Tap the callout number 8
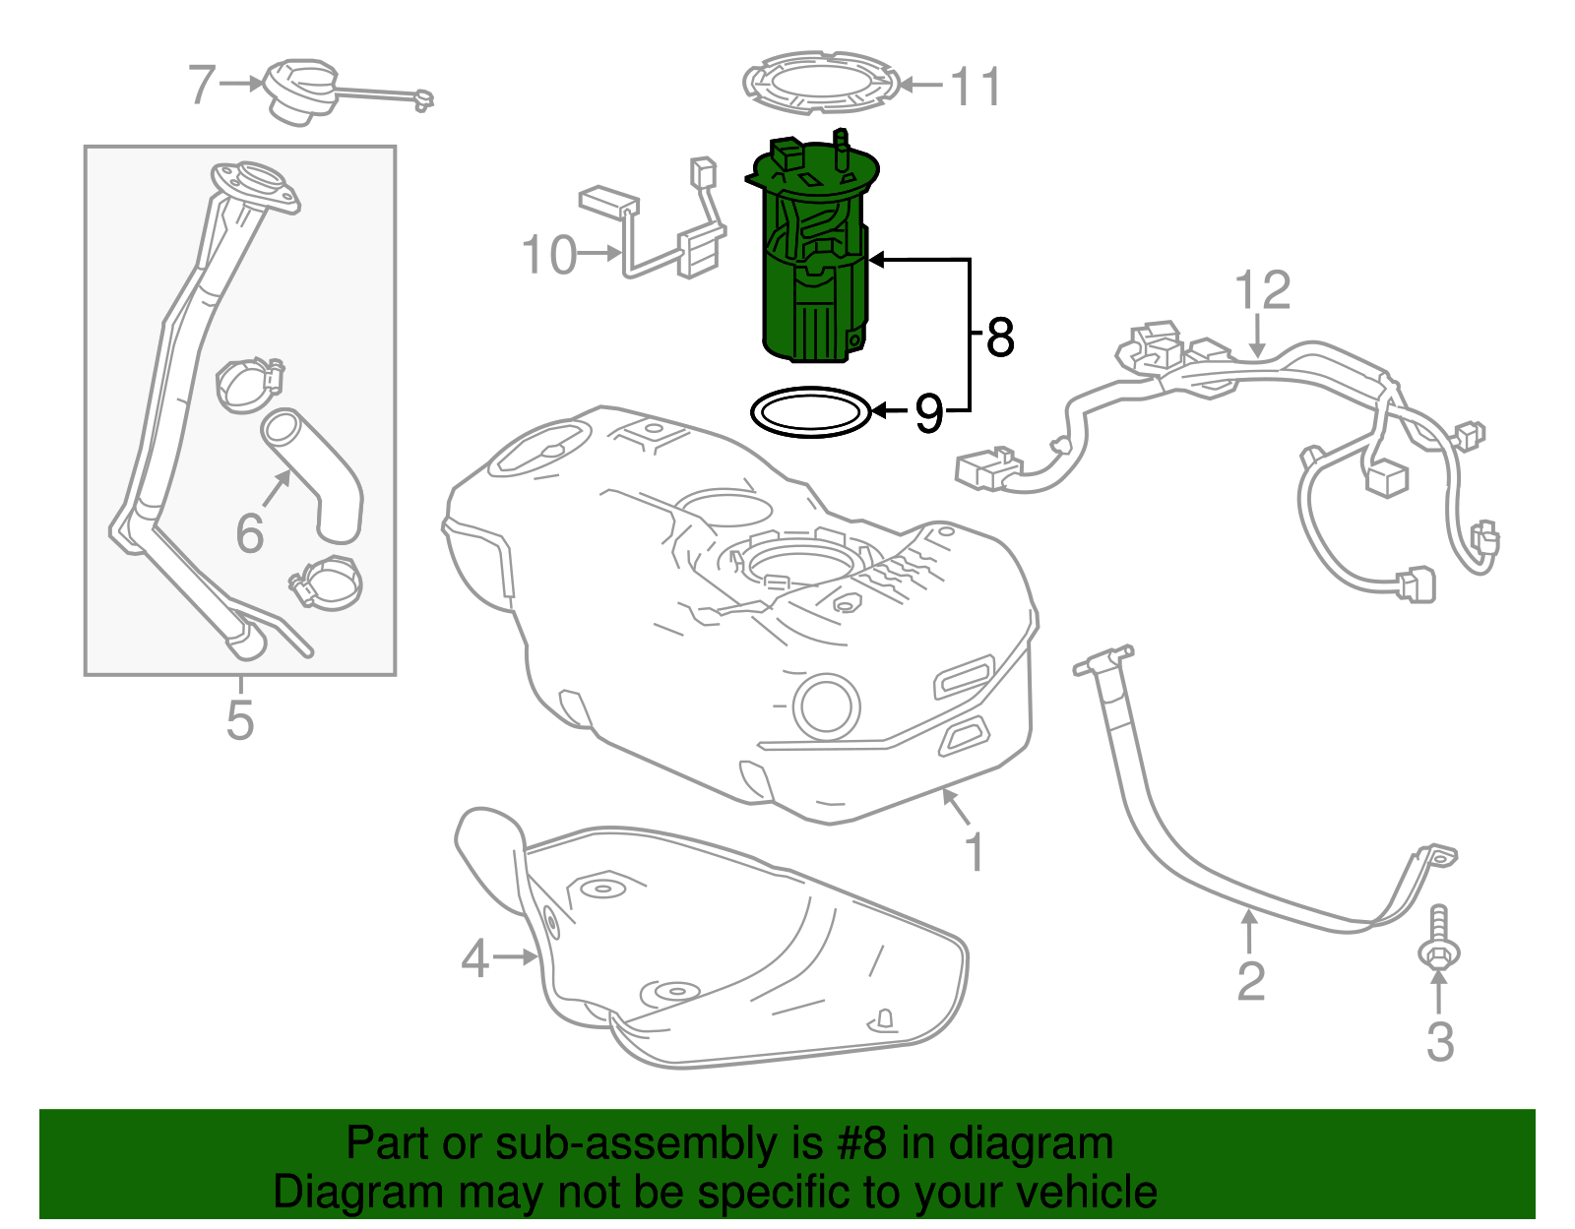tap(999, 338)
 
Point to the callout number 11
tap(976, 87)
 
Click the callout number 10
tap(548, 256)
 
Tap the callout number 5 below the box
tap(240, 720)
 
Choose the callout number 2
tap(1250, 982)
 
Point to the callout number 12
tap(1262, 291)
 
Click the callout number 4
tap(474, 957)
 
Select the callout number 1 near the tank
tap(974, 852)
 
